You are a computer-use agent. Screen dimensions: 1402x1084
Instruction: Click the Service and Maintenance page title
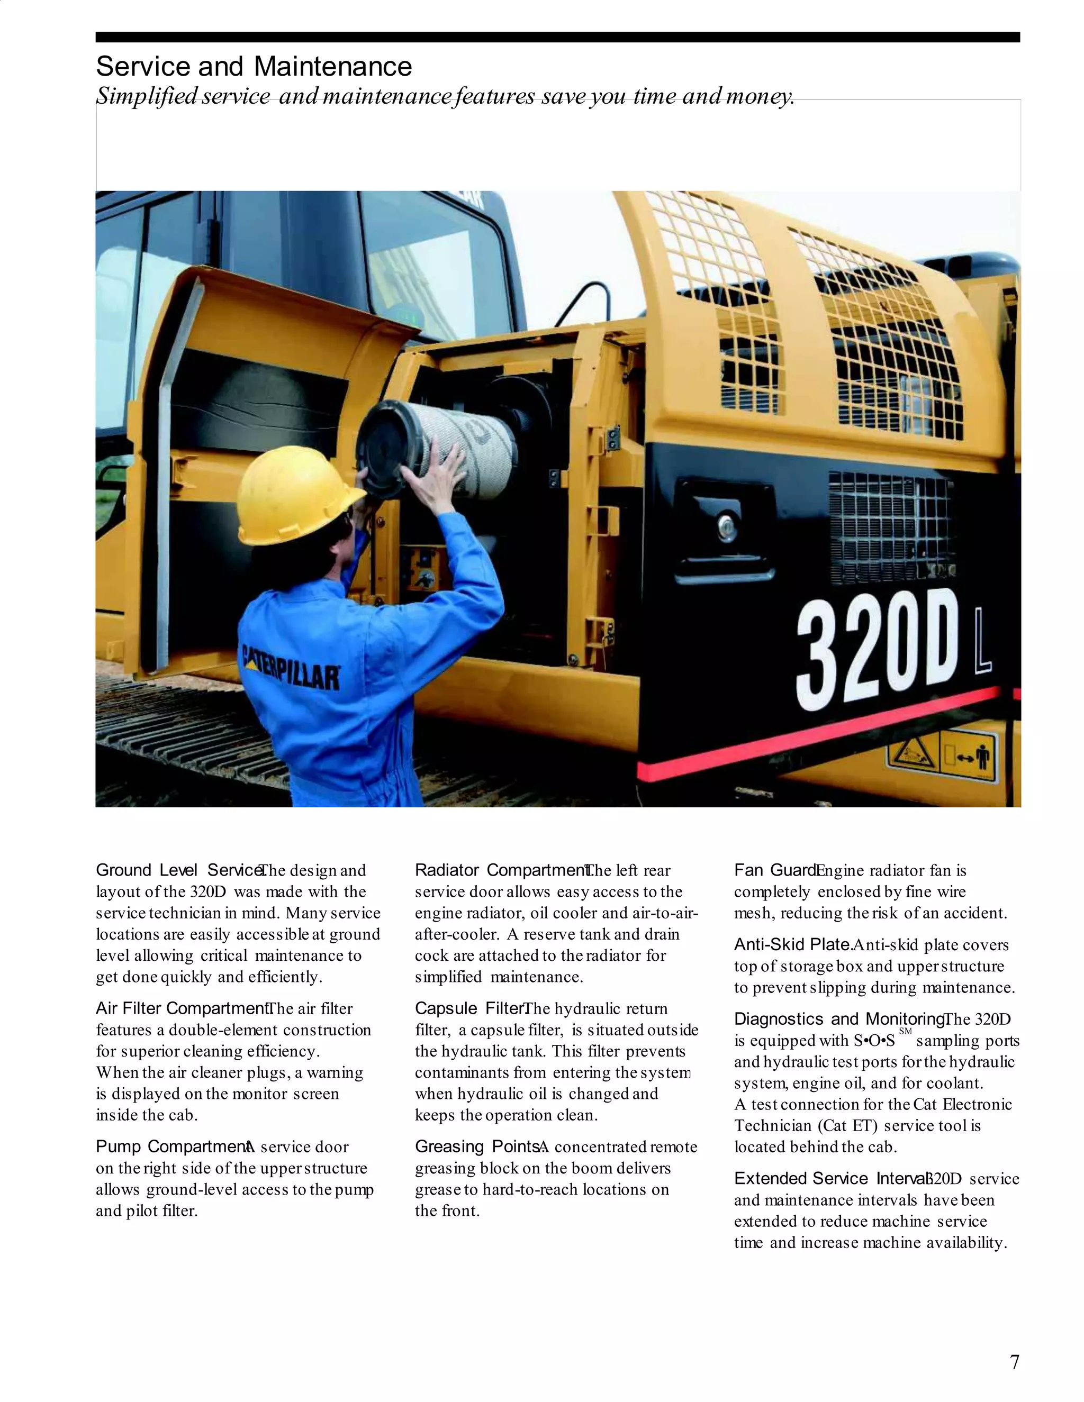click(254, 67)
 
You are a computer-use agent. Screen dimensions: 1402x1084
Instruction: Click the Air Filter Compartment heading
click(181, 1008)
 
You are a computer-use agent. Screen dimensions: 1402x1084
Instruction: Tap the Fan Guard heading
click(774, 870)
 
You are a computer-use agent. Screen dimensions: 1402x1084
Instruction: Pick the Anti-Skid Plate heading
click(792, 945)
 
